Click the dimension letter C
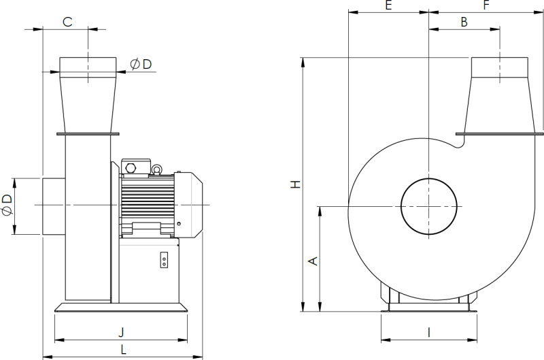(67, 22)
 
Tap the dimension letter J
(121, 332)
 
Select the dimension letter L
(124, 349)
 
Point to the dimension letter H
(296, 184)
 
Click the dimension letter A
(313, 261)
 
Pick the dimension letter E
(388, 5)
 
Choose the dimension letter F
(486, 5)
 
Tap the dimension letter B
(464, 22)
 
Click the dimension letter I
(429, 332)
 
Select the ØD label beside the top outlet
(141, 64)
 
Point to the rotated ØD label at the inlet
(7, 205)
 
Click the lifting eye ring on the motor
(156, 169)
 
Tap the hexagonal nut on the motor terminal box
(131, 168)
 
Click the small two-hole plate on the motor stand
(164, 260)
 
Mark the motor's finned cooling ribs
(147, 203)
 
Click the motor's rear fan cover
(188, 205)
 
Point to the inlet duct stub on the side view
(54, 206)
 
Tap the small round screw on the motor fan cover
(179, 224)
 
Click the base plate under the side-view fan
(121, 308)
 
